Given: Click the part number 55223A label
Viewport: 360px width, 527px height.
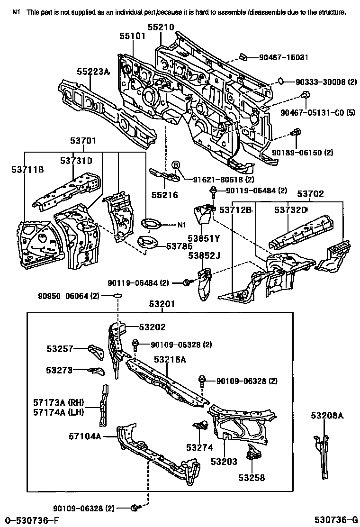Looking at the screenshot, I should pyautogui.click(x=93, y=72).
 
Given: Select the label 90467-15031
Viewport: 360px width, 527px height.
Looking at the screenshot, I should pyautogui.click(x=283, y=57).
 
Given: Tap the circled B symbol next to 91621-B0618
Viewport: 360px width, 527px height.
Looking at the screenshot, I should pyautogui.click(x=175, y=165).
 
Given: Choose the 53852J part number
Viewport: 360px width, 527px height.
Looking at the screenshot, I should pyautogui.click(x=204, y=255).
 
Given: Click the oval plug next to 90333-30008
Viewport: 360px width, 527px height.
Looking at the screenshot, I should pyautogui.click(x=280, y=82).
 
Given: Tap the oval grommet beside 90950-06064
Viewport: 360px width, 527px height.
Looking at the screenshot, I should pyautogui.click(x=117, y=296).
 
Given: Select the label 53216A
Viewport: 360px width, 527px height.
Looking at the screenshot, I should pyautogui.click(x=170, y=360).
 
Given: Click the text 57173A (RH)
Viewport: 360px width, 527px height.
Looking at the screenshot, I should pyautogui.click(x=58, y=402).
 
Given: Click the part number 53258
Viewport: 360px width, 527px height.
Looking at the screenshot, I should pyautogui.click(x=252, y=478).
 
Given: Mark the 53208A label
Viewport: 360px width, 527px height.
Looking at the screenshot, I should pyautogui.click(x=327, y=416).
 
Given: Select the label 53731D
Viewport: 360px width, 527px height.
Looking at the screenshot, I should pyautogui.click(x=76, y=161).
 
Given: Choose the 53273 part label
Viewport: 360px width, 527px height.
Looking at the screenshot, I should pyautogui.click(x=59, y=370).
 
